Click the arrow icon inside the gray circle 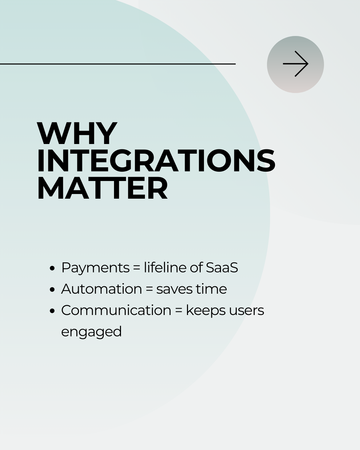(x=295, y=64)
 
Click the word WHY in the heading (x=77, y=133)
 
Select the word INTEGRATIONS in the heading (x=156, y=161)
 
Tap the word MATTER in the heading (x=102, y=188)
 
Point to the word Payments (x=95, y=268)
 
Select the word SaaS (x=222, y=268)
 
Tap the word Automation (x=101, y=289)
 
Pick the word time (x=211, y=289)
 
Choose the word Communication (x=116, y=310)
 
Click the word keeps (x=206, y=311)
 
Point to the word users (x=247, y=311)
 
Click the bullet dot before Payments (x=52, y=268)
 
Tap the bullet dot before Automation (x=52, y=289)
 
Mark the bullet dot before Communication (x=52, y=311)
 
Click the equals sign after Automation (x=149, y=289)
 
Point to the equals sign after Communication (x=179, y=311)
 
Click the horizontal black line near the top (x=118, y=64)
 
